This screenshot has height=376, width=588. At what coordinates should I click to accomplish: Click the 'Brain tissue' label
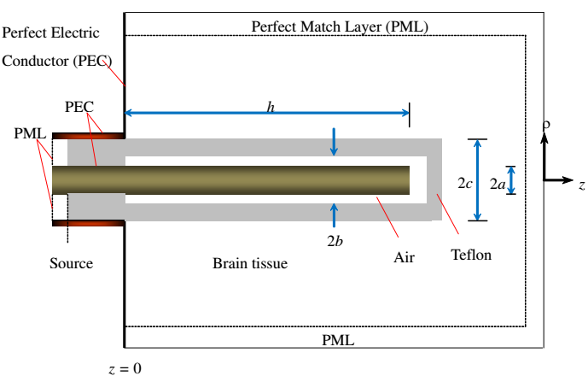click(x=250, y=263)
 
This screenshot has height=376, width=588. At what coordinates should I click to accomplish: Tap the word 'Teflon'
click(x=471, y=255)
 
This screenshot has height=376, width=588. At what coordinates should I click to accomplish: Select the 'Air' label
click(x=404, y=257)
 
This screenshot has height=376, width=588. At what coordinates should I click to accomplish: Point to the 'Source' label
click(x=71, y=263)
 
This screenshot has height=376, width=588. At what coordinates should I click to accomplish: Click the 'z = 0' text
click(x=125, y=368)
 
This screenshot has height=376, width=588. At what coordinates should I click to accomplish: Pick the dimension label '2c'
click(x=464, y=183)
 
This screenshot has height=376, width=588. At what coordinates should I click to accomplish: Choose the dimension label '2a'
click(x=498, y=184)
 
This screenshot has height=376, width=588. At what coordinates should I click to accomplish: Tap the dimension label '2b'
click(x=335, y=241)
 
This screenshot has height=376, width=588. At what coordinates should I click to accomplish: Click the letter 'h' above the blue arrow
click(x=271, y=108)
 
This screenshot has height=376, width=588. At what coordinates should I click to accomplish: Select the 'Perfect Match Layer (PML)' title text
click(x=340, y=26)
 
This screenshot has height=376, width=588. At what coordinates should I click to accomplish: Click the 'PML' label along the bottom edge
click(x=338, y=340)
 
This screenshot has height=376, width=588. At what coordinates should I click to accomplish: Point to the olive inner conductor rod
click(x=230, y=180)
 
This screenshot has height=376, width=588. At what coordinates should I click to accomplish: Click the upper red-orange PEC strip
click(x=88, y=136)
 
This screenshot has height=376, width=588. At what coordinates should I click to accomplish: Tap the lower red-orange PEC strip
click(x=88, y=223)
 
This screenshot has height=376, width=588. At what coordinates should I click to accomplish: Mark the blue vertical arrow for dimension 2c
click(x=477, y=180)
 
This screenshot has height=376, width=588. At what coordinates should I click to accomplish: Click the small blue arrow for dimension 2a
click(x=511, y=180)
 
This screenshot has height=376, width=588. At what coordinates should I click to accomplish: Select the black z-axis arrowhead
click(x=567, y=180)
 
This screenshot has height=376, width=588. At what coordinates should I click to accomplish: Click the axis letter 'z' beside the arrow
click(x=582, y=185)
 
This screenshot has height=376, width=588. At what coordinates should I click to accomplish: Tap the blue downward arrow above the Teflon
click(x=334, y=142)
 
